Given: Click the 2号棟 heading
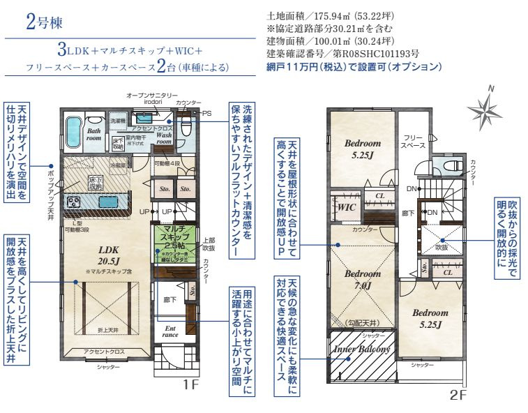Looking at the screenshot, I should click(x=45, y=22).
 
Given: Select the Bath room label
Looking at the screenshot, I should click(x=93, y=135).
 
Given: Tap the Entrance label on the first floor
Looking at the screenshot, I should click(x=170, y=331).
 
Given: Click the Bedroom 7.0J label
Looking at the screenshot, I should click(x=363, y=279).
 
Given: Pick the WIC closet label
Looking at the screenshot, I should click(x=347, y=208).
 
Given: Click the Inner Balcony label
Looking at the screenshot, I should click(x=362, y=349).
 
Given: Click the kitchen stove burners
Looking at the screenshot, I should click(x=74, y=202).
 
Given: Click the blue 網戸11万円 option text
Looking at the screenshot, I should click(x=354, y=67).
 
